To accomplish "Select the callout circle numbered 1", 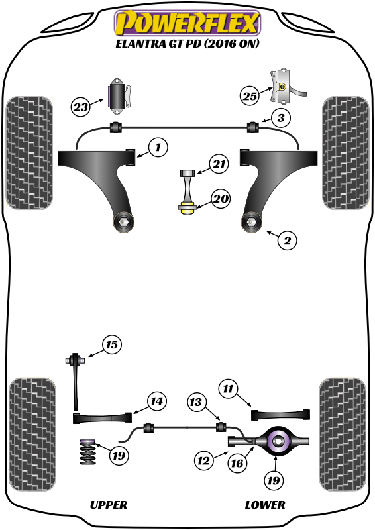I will point(158,147).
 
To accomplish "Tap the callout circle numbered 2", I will point(287,241).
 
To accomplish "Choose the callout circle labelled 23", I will point(81,106).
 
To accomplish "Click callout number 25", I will point(249,97).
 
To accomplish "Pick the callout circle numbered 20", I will point(221,198).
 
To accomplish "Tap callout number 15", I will point(112,344).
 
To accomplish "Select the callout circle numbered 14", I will point(156,401).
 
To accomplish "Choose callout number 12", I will point(203,458).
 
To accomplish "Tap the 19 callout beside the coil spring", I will point(119,456).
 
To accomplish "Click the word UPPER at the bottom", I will point(108,505).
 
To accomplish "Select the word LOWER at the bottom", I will point(265,505).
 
